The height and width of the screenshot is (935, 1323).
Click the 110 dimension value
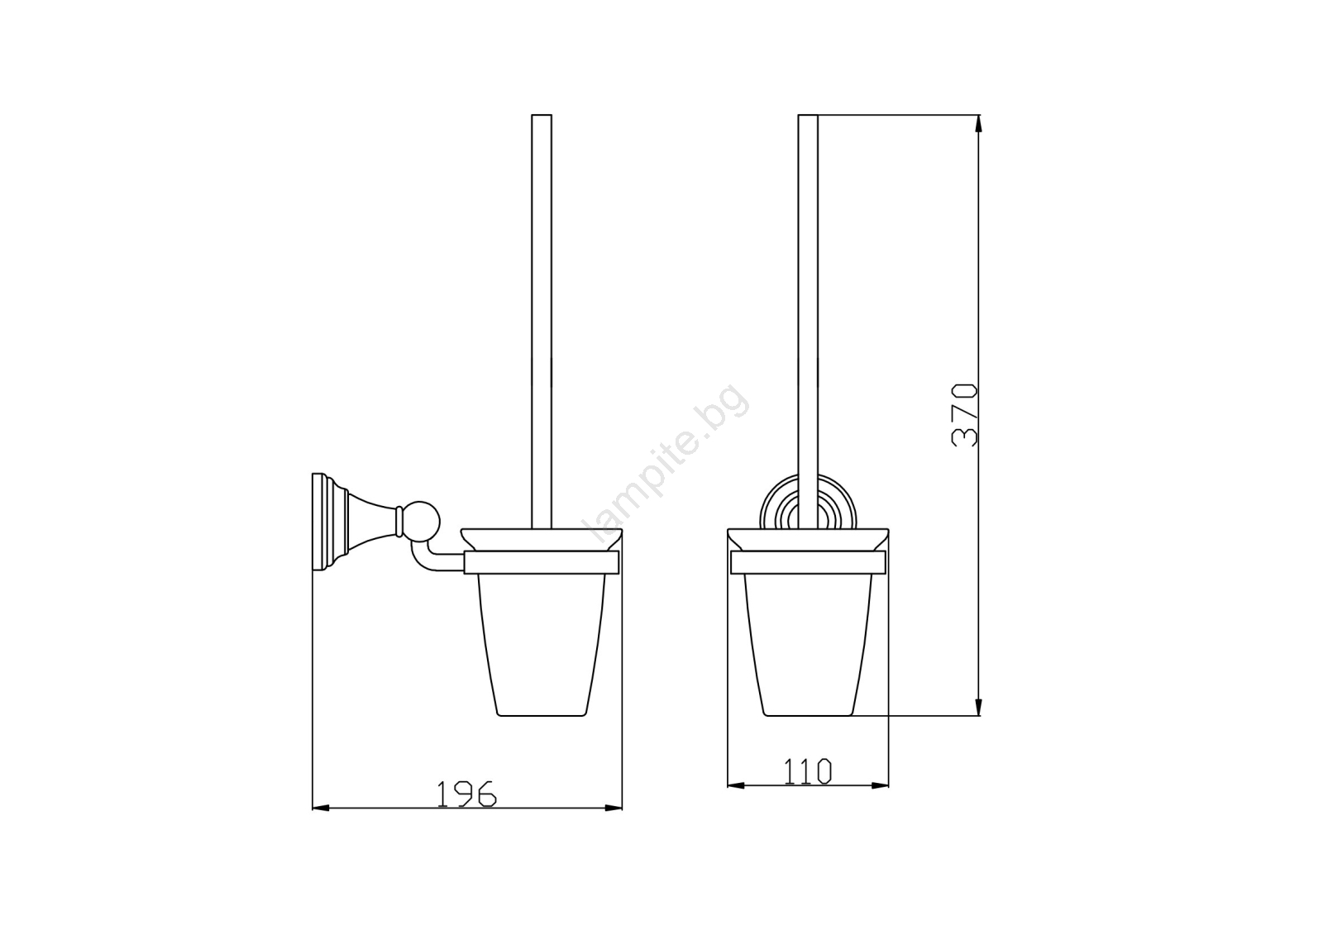807,770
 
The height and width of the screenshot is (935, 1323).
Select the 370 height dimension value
965,415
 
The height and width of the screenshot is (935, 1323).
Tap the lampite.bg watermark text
668,464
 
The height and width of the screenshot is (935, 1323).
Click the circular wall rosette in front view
807,502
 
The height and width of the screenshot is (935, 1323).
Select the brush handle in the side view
542,322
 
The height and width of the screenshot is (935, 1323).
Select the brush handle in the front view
808,322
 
